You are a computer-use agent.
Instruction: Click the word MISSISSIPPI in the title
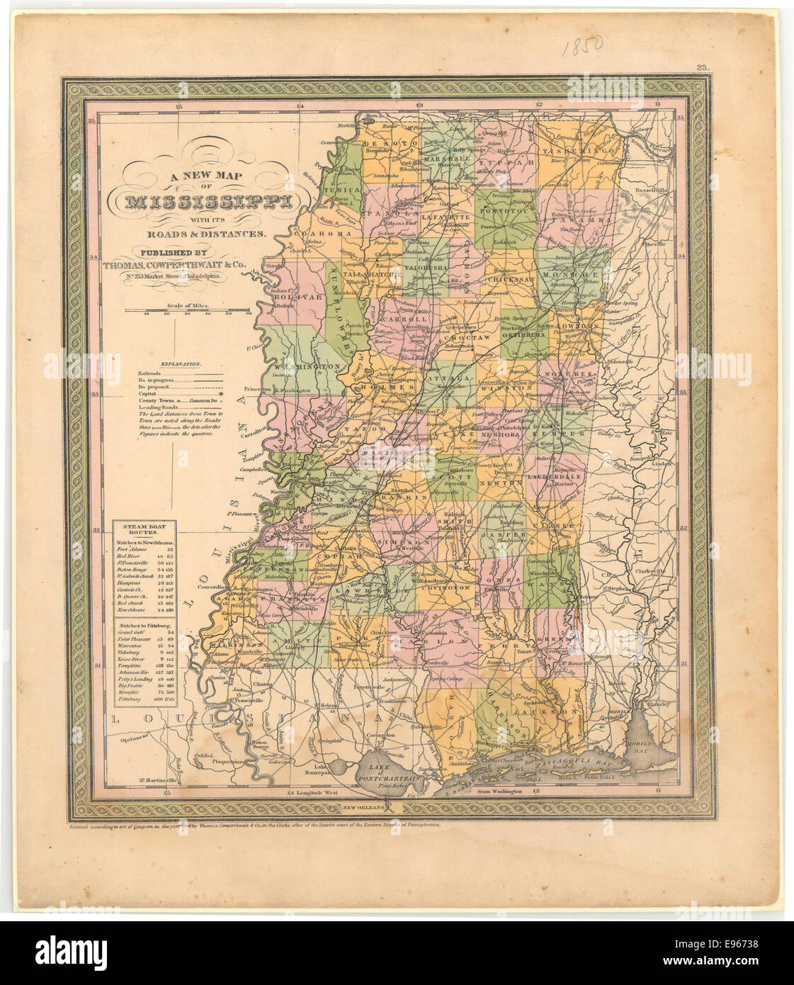pyautogui.click(x=209, y=202)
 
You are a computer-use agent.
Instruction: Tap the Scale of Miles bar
pyautogui.click(x=188, y=310)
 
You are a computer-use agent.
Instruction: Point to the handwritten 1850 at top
pyautogui.click(x=582, y=46)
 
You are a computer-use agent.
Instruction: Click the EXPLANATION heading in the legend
pyautogui.click(x=181, y=364)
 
